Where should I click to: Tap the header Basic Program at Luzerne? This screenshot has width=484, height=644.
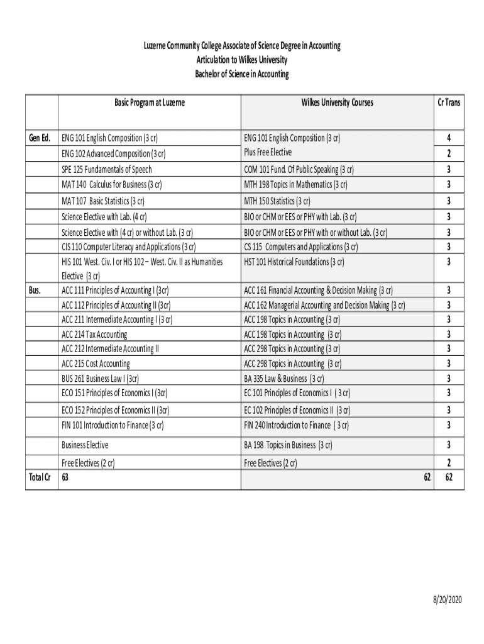pyautogui.click(x=149, y=102)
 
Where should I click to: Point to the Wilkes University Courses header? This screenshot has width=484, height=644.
pyautogui.click(x=337, y=102)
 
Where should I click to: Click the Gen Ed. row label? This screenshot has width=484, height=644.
pyautogui.click(x=40, y=138)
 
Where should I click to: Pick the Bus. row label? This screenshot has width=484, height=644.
pyautogui.click(x=35, y=290)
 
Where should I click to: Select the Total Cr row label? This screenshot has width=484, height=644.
pyautogui.click(x=40, y=479)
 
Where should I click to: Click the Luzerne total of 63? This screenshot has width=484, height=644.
pyautogui.click(x=65, y=479)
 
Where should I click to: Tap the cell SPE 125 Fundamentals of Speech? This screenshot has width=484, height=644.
pyautogui.click(x=106, y=169)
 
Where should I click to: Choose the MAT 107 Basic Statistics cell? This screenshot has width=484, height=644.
pyautogui.click(x=103, y=201)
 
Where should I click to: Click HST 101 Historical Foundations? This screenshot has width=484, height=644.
pyautogui.click(x=294, y=262)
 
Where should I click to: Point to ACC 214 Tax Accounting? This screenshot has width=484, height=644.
pyautogui.click(x=94, y=334)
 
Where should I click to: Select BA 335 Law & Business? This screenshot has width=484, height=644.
pyautogui.click(x=283, y=378)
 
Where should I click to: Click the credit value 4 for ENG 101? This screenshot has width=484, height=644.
pyautogui.click(x=448, y=138)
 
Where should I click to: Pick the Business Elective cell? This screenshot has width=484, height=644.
pyautogui.click(x=85, y=445)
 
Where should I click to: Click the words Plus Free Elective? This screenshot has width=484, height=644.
pyautogui.click(x=267, y=152)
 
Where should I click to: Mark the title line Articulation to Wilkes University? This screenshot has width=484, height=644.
pyautogui.click(x=241, y=60)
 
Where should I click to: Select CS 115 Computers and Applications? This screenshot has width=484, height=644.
pyautogui.click(x=300, y=247)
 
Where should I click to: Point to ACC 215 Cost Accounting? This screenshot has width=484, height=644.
pyautogui.click(x=96, y=364)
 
